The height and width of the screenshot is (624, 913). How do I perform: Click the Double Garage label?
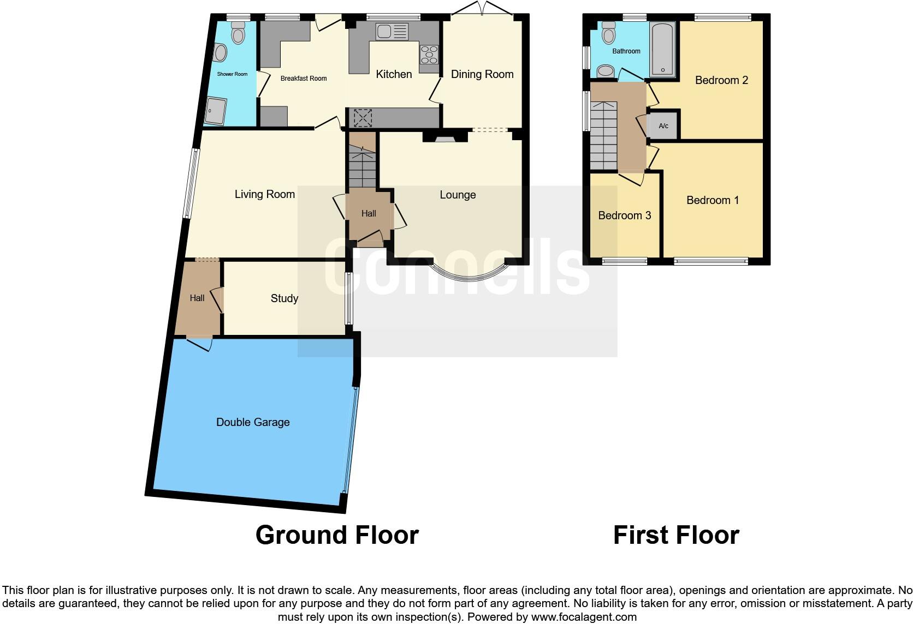[x=253, y=422]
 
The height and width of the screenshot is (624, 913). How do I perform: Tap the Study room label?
[x=284, y=298]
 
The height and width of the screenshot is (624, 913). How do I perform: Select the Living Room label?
[x=264, y=194]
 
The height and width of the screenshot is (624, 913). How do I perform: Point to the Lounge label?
[x=458, y=195]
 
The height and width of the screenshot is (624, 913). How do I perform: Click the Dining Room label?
[x=482, y=74]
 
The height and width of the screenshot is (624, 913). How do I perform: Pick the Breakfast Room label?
[x=304, y=79]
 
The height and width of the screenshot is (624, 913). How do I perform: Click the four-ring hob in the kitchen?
[x=429, y=55]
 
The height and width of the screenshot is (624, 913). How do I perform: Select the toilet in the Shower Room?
[x=238, y=33]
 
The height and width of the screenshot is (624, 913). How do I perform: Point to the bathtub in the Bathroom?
[x=662, y=49]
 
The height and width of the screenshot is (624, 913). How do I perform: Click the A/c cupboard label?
[x=663, y=126]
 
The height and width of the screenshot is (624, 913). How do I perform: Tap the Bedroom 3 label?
[x=624, y=215]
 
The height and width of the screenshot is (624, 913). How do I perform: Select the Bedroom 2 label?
[x=721, y=80]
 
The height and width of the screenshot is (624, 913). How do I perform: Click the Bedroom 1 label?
[x=712, y=200]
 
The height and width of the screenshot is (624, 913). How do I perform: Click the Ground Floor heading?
[x=337, y=535]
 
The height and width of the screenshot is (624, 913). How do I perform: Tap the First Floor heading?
[x=676, y=535]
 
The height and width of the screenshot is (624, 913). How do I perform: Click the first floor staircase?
[x=603, y=136]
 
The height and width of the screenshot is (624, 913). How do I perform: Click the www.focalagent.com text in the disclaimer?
[x=583, y=617]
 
